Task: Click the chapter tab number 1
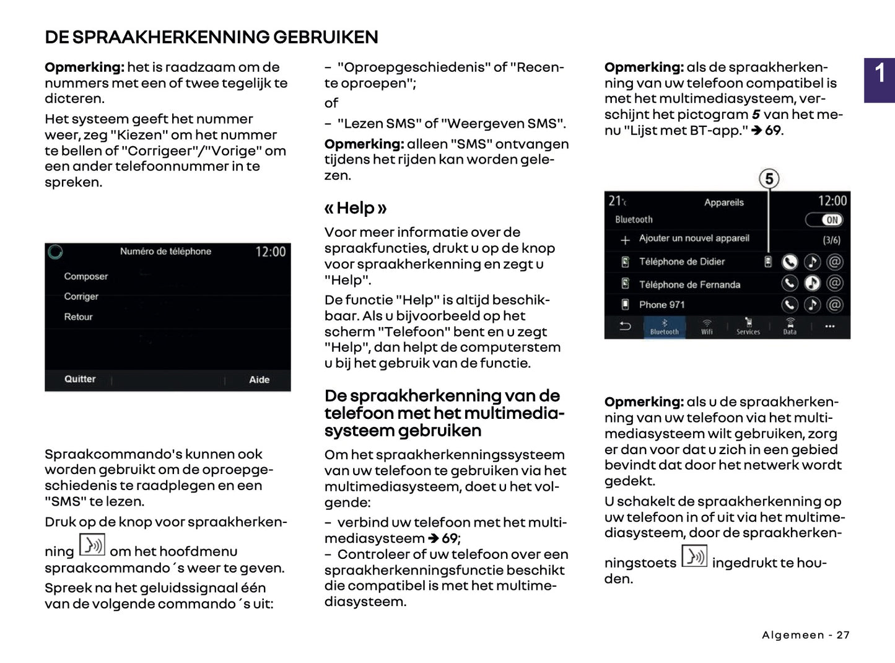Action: (x=880, y=74)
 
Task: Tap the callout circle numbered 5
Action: (x=769, y=179)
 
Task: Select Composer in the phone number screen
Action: (x=85, y=276)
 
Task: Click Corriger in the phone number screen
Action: (x=81, y=296)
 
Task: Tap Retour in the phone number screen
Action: (x=78, y=317)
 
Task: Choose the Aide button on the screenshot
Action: (x=259, y=379)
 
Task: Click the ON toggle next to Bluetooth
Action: (x=824, y=220)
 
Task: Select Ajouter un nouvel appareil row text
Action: (x=694, y=239)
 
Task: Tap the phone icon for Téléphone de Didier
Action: (x=789, y=262)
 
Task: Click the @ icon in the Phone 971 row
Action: (x=835, y=305)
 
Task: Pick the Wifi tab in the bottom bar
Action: (x=707, y=327)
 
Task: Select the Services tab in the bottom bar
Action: (x=748, y=327)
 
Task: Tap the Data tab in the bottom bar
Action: (x=790, y=327)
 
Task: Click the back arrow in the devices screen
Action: (x=625, y=326)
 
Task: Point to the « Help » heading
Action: (x=356, y=208)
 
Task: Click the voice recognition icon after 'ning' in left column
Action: (x=92, y=545)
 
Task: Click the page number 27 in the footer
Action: (x=843, y=635)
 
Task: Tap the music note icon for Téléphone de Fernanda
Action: (x=812, y=284)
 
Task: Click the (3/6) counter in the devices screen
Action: (x=831, y=240)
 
